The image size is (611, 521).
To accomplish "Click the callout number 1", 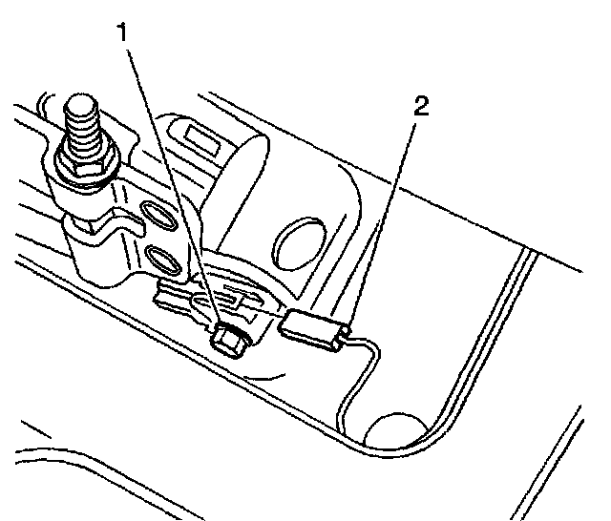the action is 121,31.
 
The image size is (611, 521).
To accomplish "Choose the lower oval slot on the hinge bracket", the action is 161,259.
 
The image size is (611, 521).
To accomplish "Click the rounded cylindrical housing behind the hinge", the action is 248,181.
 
